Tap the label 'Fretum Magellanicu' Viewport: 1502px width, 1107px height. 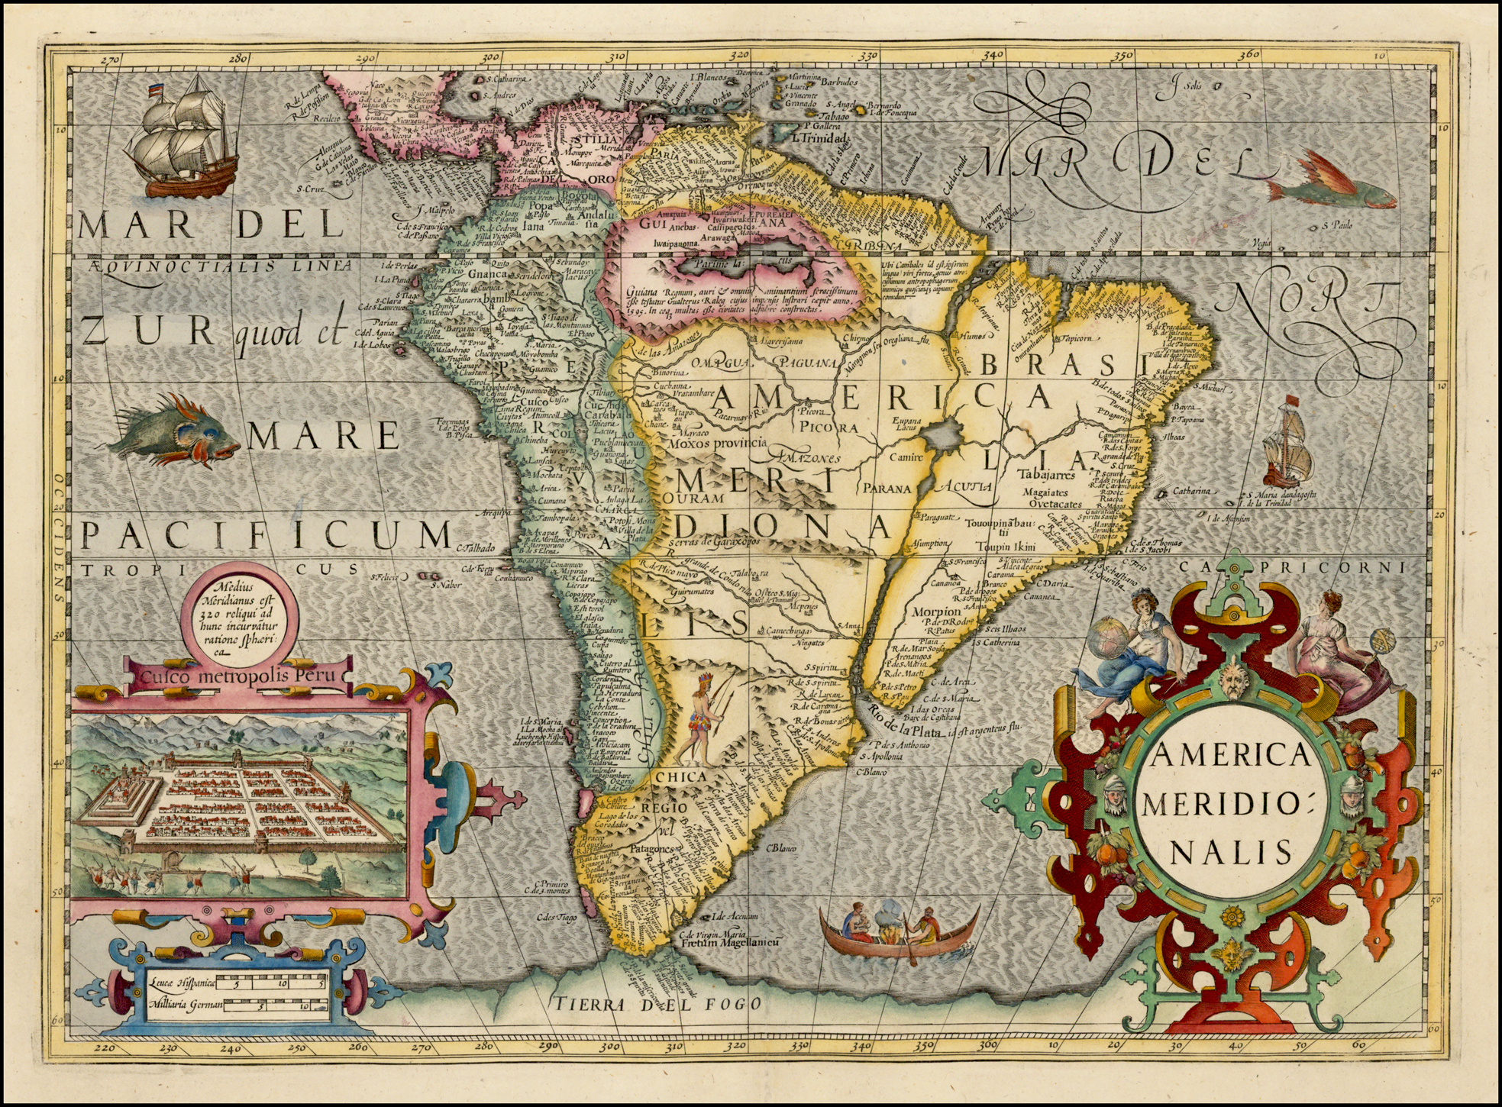tap(730, 944)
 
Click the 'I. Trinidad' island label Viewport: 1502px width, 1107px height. tap(820, 139)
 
